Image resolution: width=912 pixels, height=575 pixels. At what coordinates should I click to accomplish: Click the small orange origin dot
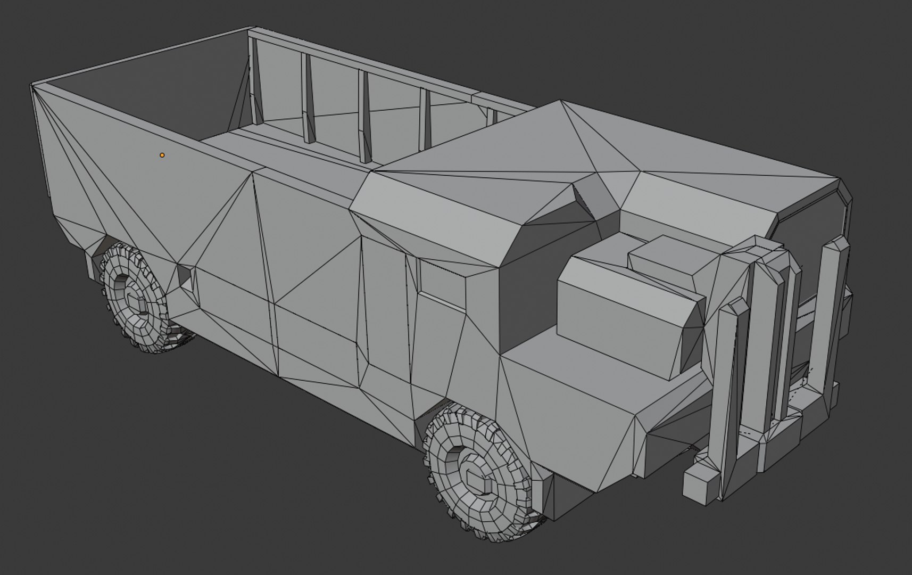[162, 155]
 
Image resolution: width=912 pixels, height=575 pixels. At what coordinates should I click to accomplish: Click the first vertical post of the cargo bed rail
[255, 85]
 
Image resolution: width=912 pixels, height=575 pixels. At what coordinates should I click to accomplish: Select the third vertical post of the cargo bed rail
[365, 117]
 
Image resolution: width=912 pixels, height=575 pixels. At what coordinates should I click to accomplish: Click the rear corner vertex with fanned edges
[34, 87]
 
